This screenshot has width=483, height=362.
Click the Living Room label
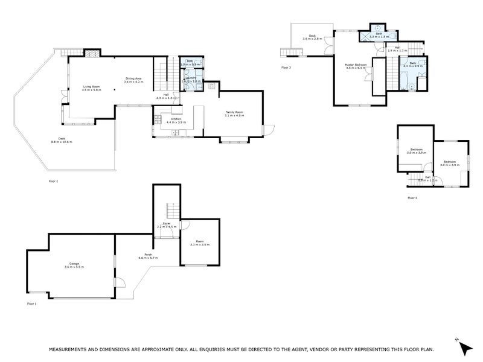(x=92, y=86)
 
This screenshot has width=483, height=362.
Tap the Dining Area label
(x=133, y=78)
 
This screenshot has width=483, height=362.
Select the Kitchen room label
(x=176, y=119)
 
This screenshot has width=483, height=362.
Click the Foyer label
(x=166, y=224)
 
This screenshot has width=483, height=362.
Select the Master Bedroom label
(x=356, y=65)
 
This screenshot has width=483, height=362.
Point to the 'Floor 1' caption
(x=31, y=303)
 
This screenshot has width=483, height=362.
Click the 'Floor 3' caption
(x=286, y=68)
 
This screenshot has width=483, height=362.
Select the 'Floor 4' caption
(x=412, y=197)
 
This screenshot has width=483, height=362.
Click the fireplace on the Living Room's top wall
(x=91, y=54)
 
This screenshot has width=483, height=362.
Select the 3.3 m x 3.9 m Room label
(x=199, y=244)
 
